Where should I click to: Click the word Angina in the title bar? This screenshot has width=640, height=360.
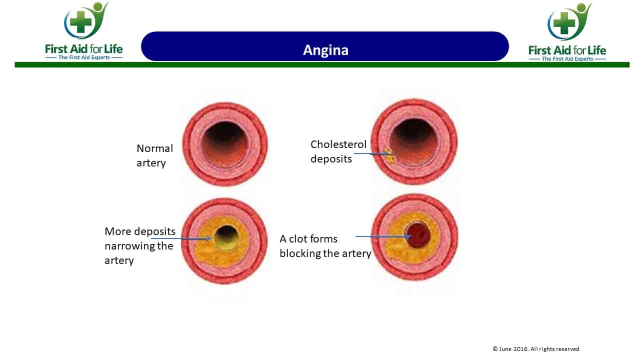(325, 50)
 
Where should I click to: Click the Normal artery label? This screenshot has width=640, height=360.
(154, 155)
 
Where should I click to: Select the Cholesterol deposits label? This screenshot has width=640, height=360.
(338, 151)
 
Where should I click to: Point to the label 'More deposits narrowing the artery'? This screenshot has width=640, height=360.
(139, 245)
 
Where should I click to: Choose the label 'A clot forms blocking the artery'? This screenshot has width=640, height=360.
(325, 246)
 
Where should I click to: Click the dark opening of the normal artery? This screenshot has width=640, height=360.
(224, 141)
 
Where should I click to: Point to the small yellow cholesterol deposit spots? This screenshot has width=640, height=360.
(389, 156)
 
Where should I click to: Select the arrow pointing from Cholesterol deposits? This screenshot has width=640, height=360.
(370, 153)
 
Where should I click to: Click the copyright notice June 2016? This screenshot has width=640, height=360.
(535, 349)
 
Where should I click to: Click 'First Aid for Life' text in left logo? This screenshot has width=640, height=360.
(83, 49)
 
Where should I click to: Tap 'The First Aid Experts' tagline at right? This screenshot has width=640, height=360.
(567, 59)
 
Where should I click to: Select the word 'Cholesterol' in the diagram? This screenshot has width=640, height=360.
(338, 144)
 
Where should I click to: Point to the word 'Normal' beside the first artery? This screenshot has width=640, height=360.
(154, 148)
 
